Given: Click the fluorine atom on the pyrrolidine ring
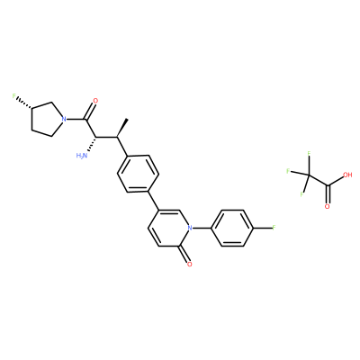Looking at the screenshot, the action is [x=13, y=96].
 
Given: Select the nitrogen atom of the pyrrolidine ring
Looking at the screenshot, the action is [x=63, y=120].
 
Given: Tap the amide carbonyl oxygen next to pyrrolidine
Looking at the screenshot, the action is [x=95, y=101].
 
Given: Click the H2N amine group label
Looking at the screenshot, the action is [x=82, y=156].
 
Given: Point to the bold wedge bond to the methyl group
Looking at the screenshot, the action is [x=122, y=128].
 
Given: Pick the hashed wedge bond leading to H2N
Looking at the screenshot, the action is [x=92, y=145].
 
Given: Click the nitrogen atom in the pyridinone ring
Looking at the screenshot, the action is [x=189, y=228].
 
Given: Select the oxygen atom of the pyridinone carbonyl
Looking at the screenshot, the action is [x=189, y=264].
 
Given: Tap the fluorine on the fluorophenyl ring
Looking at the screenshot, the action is [x=274, y=228].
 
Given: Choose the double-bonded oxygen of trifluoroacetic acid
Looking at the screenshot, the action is [x=327, y=206].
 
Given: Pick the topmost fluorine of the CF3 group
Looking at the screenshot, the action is [x=309, y=154].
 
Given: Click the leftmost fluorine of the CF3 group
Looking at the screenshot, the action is [x=288, y=171].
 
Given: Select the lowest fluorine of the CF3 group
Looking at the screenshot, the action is [x=302, y=194].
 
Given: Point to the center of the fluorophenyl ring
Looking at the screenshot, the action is [x=232, y=228].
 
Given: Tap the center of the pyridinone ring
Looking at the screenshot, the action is [x=169, y=228].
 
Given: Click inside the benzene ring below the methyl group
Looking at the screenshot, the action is [x=138, y=174].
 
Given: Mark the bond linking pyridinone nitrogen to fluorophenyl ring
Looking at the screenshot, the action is [x=202, y=228].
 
